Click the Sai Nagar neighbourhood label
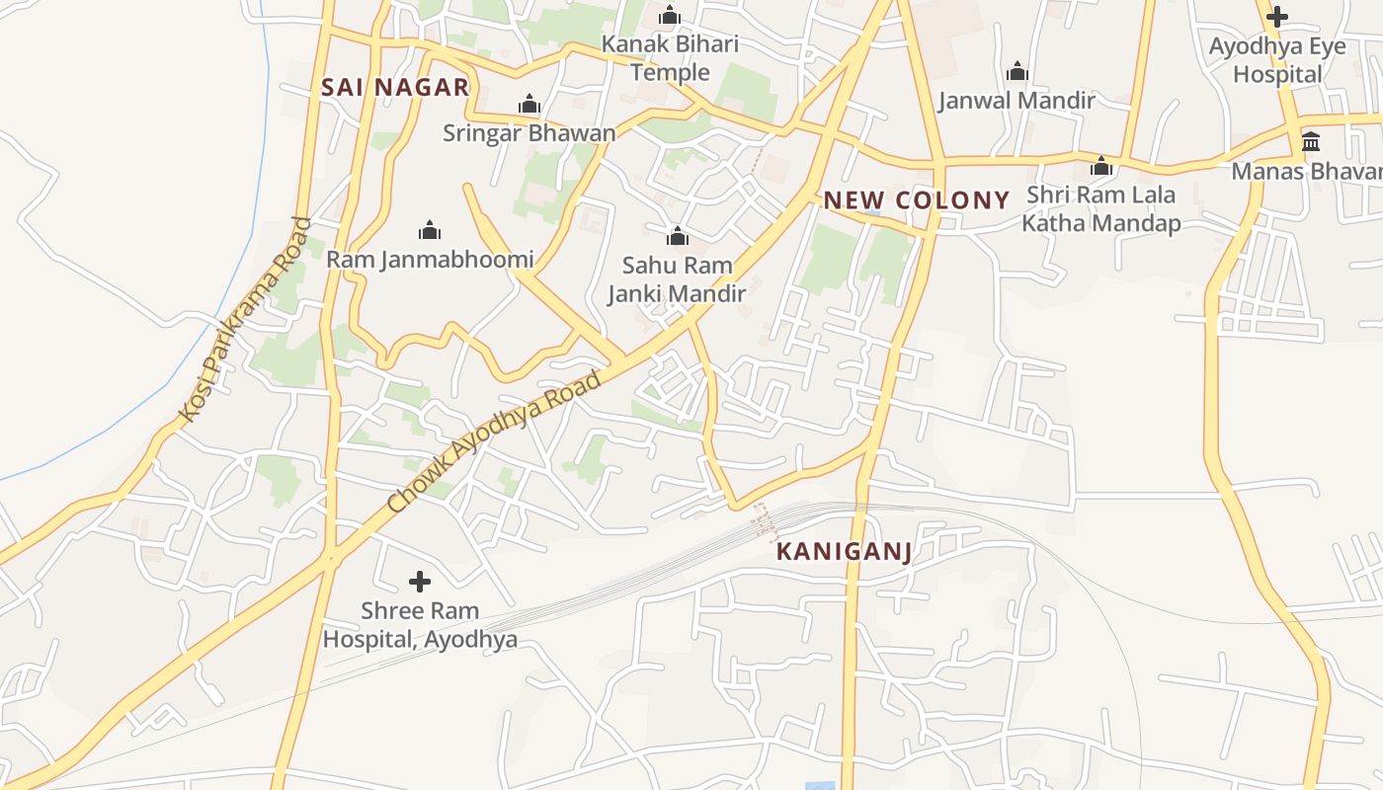pos(395,87)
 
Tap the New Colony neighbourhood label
pos(917,200)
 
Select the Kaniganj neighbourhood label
pos(844,551)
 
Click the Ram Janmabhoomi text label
pos(430,260)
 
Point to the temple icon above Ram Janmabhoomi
pos(430,231)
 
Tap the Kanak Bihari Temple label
pos(670,58)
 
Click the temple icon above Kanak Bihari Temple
pos(670,16)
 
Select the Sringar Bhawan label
pos(529,133)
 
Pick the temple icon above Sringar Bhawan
pos(529,105)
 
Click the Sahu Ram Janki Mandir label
pos(677,278)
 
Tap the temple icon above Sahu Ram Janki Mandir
pos(678,236)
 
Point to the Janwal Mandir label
pos(1017,101)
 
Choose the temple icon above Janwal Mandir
pos(1017,72)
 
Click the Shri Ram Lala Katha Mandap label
pos(1100,208)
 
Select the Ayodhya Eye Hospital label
pos(1277,60)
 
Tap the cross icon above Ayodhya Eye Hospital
pos(1277,17)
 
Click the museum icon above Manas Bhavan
pos(1311,142)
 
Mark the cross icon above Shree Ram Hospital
pos(420,582)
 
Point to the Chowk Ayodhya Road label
pos(495,441)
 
